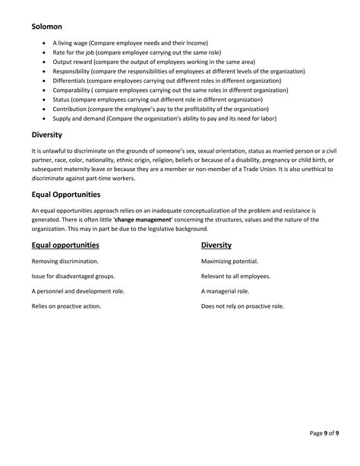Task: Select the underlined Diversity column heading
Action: coord(216,245)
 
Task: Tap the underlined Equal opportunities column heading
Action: coord(65,245)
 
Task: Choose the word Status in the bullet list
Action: coord(61,99)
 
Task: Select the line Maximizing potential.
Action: coord(229,261)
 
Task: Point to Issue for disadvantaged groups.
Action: coord(73,276)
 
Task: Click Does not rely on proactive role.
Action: coord(242,306)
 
